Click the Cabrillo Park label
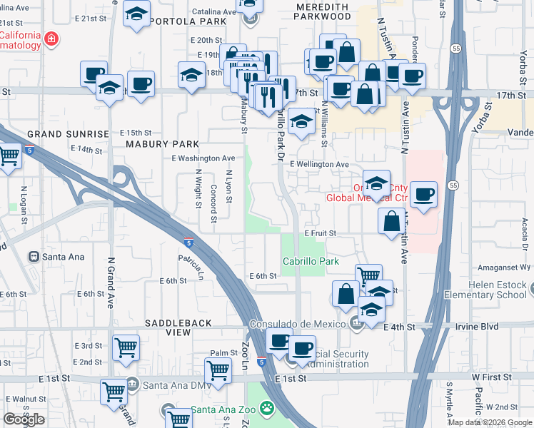[311, 262]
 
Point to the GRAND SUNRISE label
[68, 133]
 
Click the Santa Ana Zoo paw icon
[267, 409]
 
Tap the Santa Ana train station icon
[33, 256]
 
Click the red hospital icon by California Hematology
[51, 39]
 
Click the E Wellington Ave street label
[319, 165]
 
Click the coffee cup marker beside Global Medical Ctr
[424, 194]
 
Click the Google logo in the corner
[24, 419]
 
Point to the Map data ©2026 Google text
[489, 422]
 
